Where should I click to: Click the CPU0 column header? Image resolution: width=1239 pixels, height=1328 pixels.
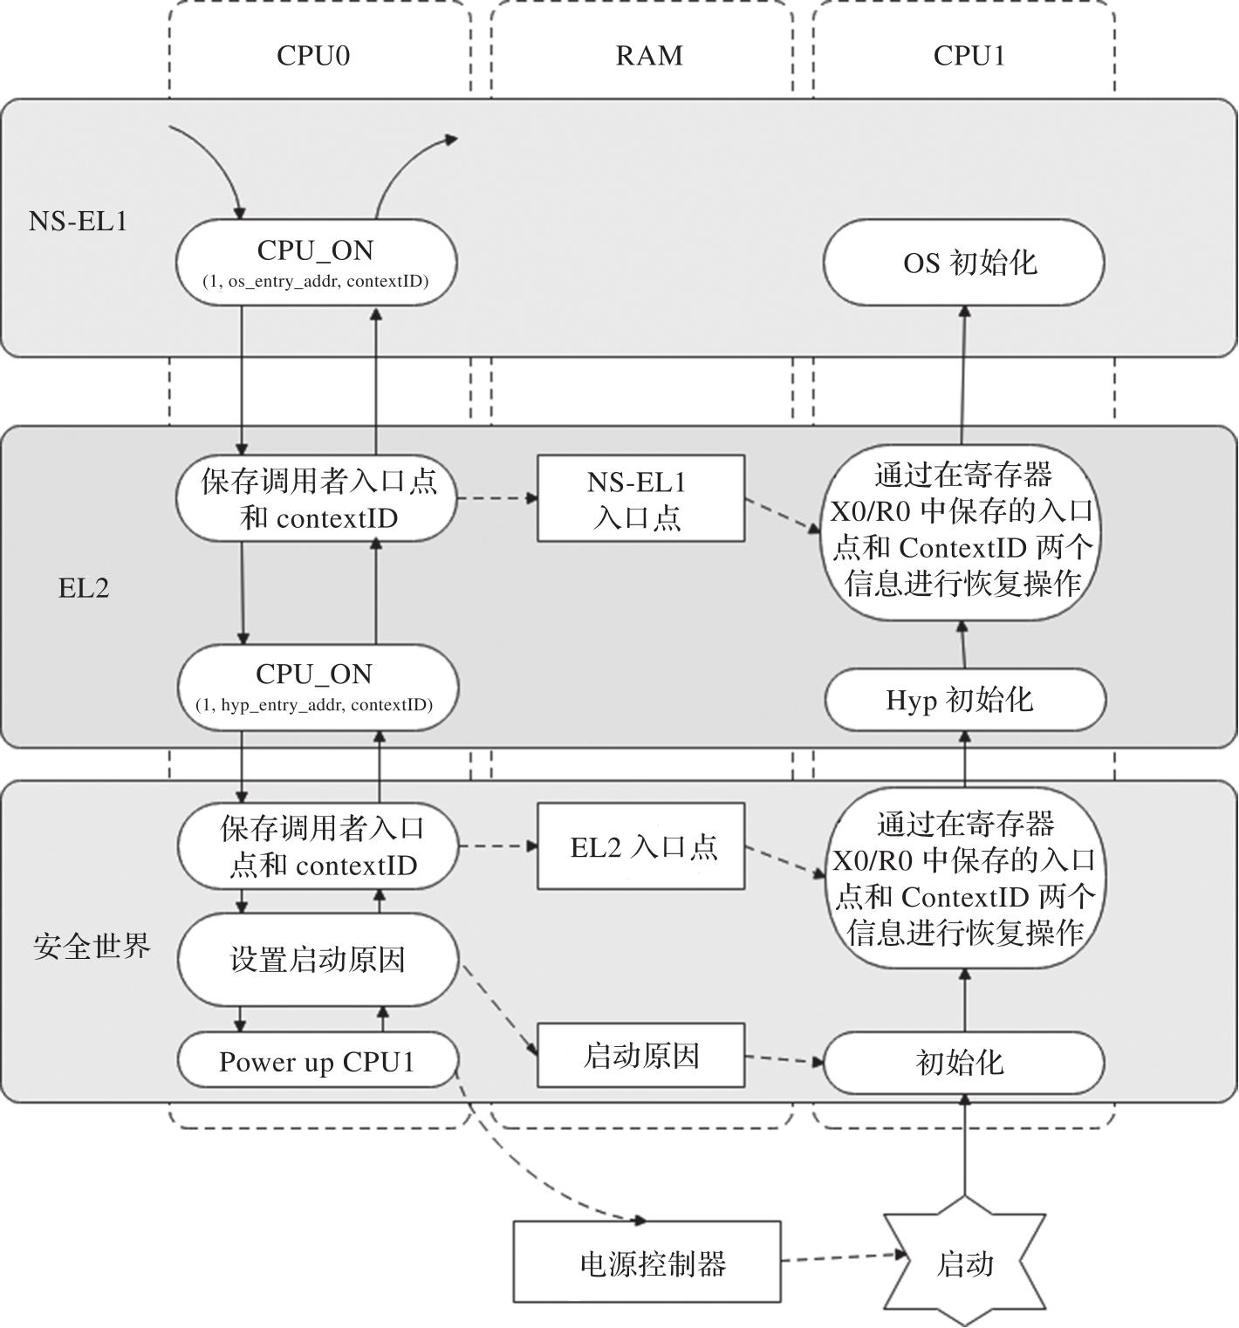pyautogui.click(x=313, y=56)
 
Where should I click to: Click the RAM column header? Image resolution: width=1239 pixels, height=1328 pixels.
pyautogui.click(x=648, y=56)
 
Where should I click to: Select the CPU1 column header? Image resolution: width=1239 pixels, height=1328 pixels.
pyautogui.click(x=969, y=56)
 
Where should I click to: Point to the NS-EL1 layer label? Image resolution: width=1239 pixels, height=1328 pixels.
pyautogui.click(x=78, y=222)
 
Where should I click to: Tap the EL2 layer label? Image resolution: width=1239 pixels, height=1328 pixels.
pyautogui.click(x=84, y=588)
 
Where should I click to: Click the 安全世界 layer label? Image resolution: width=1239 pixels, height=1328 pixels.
pyautogui.click(x=92, y=946)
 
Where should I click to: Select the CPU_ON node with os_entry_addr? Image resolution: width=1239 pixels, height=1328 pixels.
pyautogui.click(x=316, y=262)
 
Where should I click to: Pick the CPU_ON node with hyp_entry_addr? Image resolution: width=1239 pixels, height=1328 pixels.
pyautogui.click(x=314, y=687)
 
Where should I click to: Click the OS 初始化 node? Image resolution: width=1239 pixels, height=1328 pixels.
pyautogui.click(x=964, y=262)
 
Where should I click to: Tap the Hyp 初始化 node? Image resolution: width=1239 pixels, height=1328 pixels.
pyautogui.click(x=964, y=699)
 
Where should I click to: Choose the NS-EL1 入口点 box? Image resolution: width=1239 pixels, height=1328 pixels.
pyautogui.click(x=640, y=498)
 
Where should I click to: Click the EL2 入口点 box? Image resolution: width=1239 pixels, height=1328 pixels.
pyautogui.click(x=640, y=846)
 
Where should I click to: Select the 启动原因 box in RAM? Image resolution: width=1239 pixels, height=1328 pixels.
pyautogui.click(x=640, y=1056)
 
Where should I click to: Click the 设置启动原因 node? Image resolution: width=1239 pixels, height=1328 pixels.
pyautogui.click(x=318, y=960)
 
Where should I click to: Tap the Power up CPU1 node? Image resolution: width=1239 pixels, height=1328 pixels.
pyautogui.click(x=318, y=1061)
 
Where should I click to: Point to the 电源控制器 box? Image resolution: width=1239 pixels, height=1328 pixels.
pyautogui.click(x=647, y=1262)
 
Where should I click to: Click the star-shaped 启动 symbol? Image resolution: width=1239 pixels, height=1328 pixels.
pyautogui.click(x=964, y=1263)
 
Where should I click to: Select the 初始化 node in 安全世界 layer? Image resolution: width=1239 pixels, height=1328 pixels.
pyautogui.click(x=964, y=1062)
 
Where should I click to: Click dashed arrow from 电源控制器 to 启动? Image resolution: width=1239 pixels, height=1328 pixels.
pyautogui.click(x=842, y=1257)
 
